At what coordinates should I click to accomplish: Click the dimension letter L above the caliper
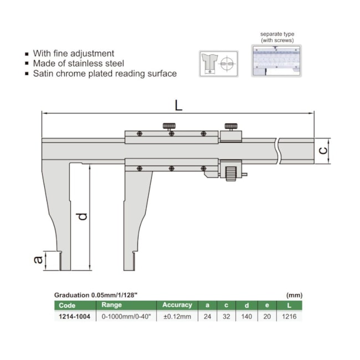coord(179,105)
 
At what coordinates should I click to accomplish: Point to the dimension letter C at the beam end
coord(323,151)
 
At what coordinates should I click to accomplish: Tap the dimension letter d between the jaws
coord(82,216)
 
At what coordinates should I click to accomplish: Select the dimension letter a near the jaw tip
coord(38,259)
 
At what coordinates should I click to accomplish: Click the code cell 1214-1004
coord(74,317)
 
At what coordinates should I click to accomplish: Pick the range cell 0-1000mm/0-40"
coord(126,317)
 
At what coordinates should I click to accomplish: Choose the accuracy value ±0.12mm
coord(177,317)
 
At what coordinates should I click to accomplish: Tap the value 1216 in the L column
coord(289,317)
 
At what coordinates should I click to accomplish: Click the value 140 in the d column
coord(246,317)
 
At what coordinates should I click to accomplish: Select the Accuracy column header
coord(177,305)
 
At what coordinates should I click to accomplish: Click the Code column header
coord(67,305)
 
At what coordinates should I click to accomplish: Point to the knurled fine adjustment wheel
coord(231,174)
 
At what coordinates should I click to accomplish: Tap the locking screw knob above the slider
coord(169,126)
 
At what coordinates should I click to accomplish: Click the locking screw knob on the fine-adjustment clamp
coord(231,126)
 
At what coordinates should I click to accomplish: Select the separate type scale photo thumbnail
coord(276,60)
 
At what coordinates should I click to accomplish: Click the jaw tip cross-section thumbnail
coord(219,64)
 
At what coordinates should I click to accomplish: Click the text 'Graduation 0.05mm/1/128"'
coord(96,295)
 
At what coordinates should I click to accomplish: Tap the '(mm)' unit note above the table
coord(294,295)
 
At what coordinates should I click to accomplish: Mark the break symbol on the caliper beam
coord(277,151)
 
